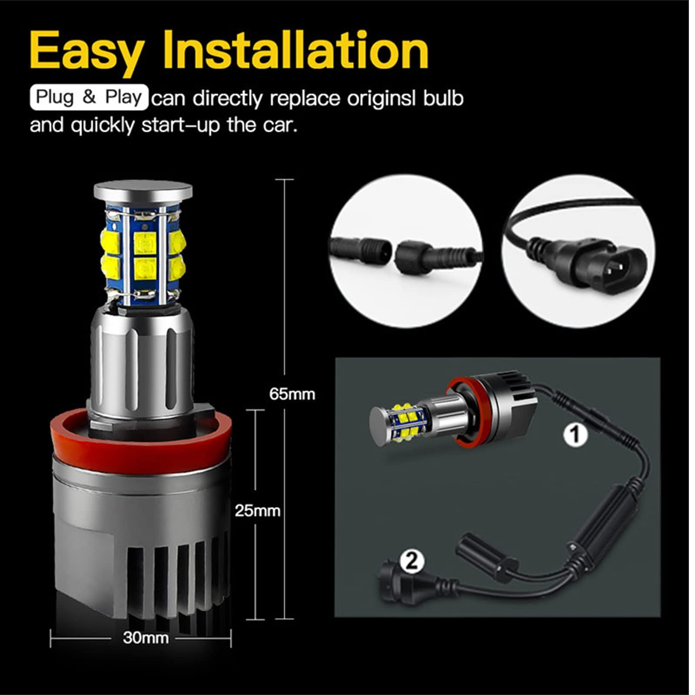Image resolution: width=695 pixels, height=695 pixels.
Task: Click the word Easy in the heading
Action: [86, 51]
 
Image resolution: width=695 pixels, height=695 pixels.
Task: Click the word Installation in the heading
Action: [295, 51]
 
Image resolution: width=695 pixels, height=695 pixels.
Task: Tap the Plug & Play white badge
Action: [89, 97]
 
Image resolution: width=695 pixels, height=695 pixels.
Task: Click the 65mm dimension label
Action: [292, 394]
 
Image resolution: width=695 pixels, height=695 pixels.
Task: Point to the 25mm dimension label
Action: [257, 511]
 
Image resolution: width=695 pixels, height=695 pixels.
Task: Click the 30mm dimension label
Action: [146, 638]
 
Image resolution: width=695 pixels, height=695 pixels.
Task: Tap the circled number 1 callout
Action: [576, 434]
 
